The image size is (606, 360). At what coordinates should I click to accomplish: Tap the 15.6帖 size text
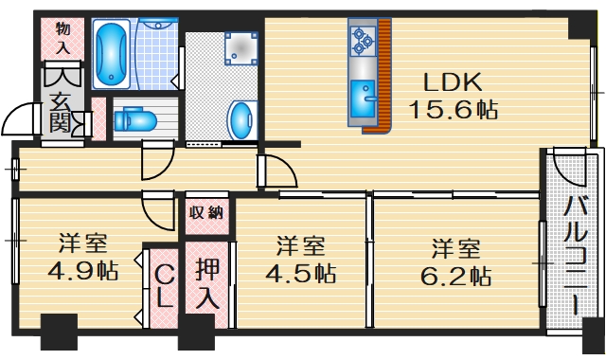453,110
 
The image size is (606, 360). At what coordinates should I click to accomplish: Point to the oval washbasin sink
242,121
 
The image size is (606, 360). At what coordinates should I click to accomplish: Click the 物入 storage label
63,37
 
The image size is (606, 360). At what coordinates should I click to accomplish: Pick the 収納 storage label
207,212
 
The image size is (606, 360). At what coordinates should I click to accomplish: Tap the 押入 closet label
208,281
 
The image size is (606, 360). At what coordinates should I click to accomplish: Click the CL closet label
163,286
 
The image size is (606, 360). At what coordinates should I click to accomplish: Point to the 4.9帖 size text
83,271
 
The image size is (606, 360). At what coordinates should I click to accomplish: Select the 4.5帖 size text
300,275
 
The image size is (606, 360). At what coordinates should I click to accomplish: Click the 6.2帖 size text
456,277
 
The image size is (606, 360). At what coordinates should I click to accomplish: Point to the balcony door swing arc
569,170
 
